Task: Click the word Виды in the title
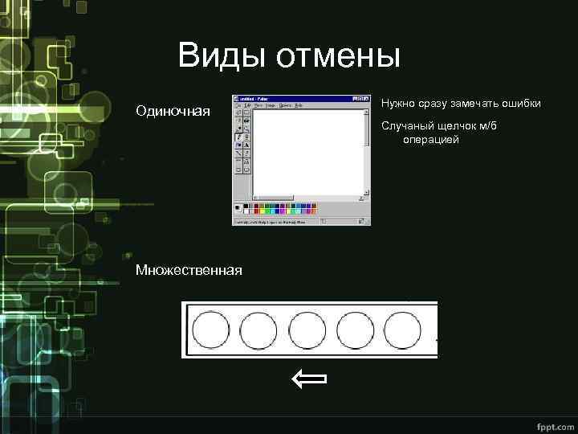222,56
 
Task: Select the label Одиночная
173,110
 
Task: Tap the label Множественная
189,269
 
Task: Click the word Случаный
411,127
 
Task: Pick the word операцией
431,140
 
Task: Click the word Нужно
398,104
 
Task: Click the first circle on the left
212,330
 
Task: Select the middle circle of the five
307,330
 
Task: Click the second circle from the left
259,330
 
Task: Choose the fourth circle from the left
355,330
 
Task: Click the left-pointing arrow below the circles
309,379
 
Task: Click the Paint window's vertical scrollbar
368,149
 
